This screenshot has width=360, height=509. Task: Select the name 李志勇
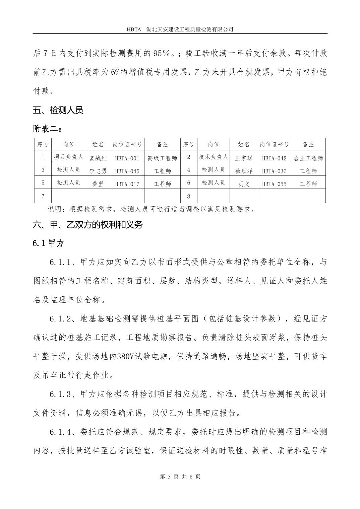[x=98, y=171]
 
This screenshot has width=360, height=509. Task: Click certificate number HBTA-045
[x=127, y=171]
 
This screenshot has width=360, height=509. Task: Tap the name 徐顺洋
[x=244, y=171]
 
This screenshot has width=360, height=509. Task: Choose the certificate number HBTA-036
[x=274, y=171]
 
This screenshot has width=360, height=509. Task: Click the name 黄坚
[x=98, y=184]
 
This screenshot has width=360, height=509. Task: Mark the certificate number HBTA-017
[x=127, y=184]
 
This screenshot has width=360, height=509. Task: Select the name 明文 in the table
[x=244, y=184]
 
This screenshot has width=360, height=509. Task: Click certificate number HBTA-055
[x=274, y=184]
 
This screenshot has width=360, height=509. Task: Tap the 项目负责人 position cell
[x=69, y=157]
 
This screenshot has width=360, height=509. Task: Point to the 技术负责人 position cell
[x=213, y=157]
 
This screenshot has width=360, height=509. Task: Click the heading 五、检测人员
[x=58, y=110]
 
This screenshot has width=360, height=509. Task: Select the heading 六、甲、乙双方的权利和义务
[x=88, y=225]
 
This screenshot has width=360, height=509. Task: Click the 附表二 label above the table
[x=47, y=128]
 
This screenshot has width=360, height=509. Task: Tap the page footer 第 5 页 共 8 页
[x=180, y=477]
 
